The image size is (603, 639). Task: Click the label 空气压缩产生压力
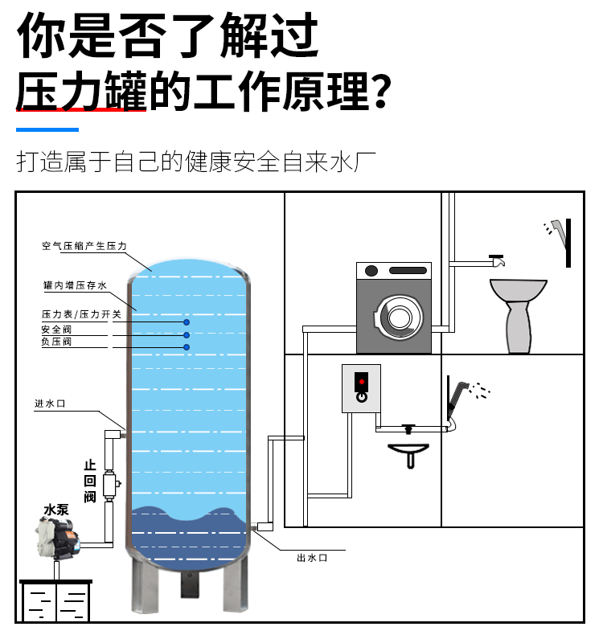(84, 246)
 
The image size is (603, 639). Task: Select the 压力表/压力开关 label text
(81, 314)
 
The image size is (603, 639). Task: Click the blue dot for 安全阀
(187, 334)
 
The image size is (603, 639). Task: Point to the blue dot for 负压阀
(187, 347)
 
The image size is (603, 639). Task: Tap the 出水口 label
(311, 557)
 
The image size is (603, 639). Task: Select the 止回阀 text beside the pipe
(89, 481)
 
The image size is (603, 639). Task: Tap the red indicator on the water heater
(362, 381)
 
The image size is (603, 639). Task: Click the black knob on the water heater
(362, 395)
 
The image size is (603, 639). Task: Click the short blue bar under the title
(47, 129)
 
